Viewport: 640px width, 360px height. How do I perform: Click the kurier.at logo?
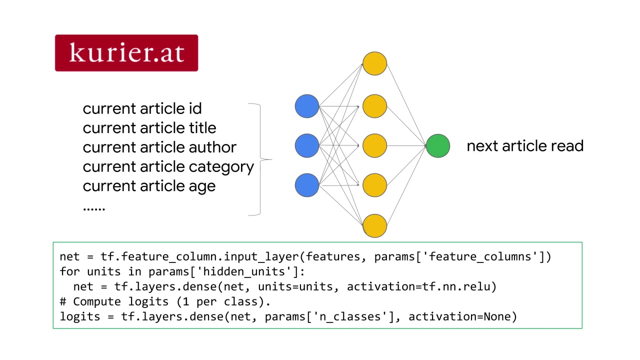coord(126,53)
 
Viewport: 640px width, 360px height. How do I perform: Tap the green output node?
coord(438,146)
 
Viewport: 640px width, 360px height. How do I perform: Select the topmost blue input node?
coord(307,106)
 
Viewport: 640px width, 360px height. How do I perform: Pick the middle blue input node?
coord(307,145)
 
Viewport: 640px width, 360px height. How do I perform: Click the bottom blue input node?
coord(307,185)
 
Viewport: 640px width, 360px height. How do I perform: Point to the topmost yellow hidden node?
coord(374,63)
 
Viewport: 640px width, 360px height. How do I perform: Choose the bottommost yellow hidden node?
coord(374,225)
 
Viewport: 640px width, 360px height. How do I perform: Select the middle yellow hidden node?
coord(374,145)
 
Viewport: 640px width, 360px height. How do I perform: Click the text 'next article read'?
coord(525,146)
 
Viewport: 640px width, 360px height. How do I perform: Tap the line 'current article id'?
coord(142,108)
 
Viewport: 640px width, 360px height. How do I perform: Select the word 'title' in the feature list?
coord(202,128)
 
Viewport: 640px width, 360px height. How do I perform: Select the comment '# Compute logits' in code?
coord(117,301)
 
